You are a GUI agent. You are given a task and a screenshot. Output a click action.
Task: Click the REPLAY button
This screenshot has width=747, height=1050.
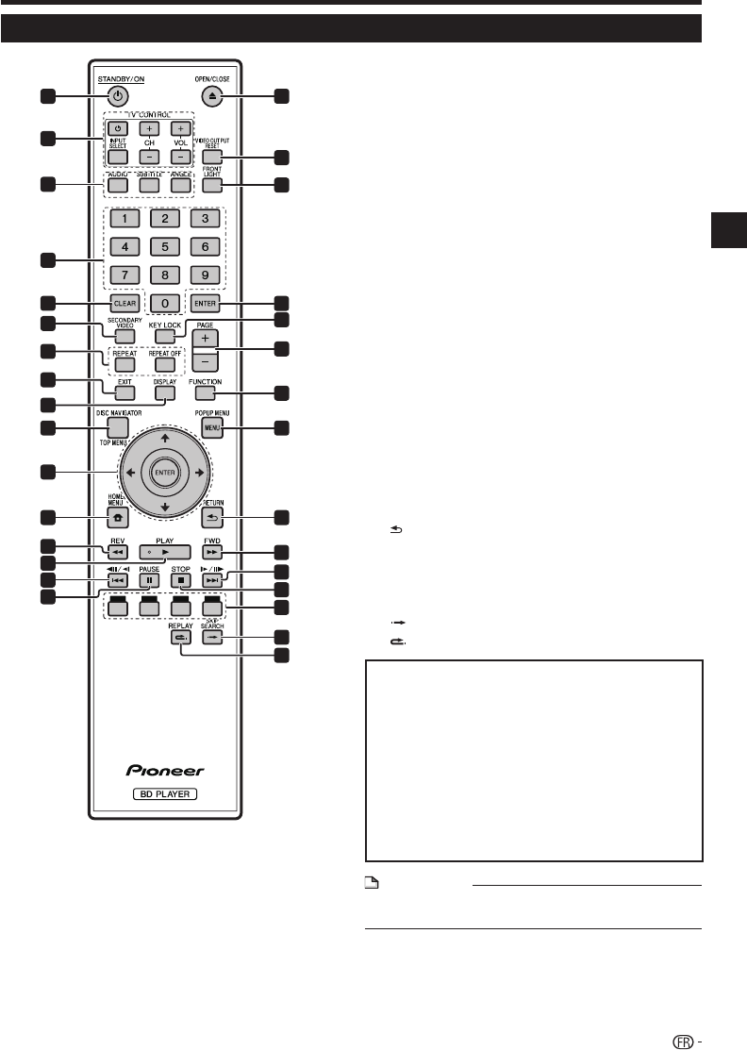[180, 638]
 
